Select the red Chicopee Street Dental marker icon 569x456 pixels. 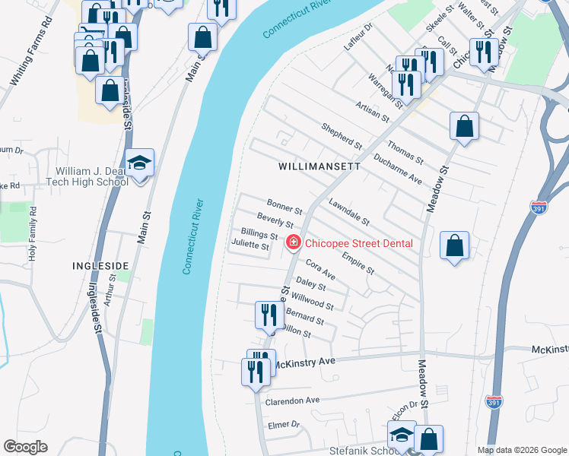292,242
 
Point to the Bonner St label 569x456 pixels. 284,206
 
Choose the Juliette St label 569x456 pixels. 250,246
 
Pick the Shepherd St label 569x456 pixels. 342,136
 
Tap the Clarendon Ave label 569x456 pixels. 292,401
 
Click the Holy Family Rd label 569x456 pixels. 32,233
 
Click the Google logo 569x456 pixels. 25,447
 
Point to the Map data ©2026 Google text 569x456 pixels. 522,450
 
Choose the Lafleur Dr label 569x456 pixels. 358,36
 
